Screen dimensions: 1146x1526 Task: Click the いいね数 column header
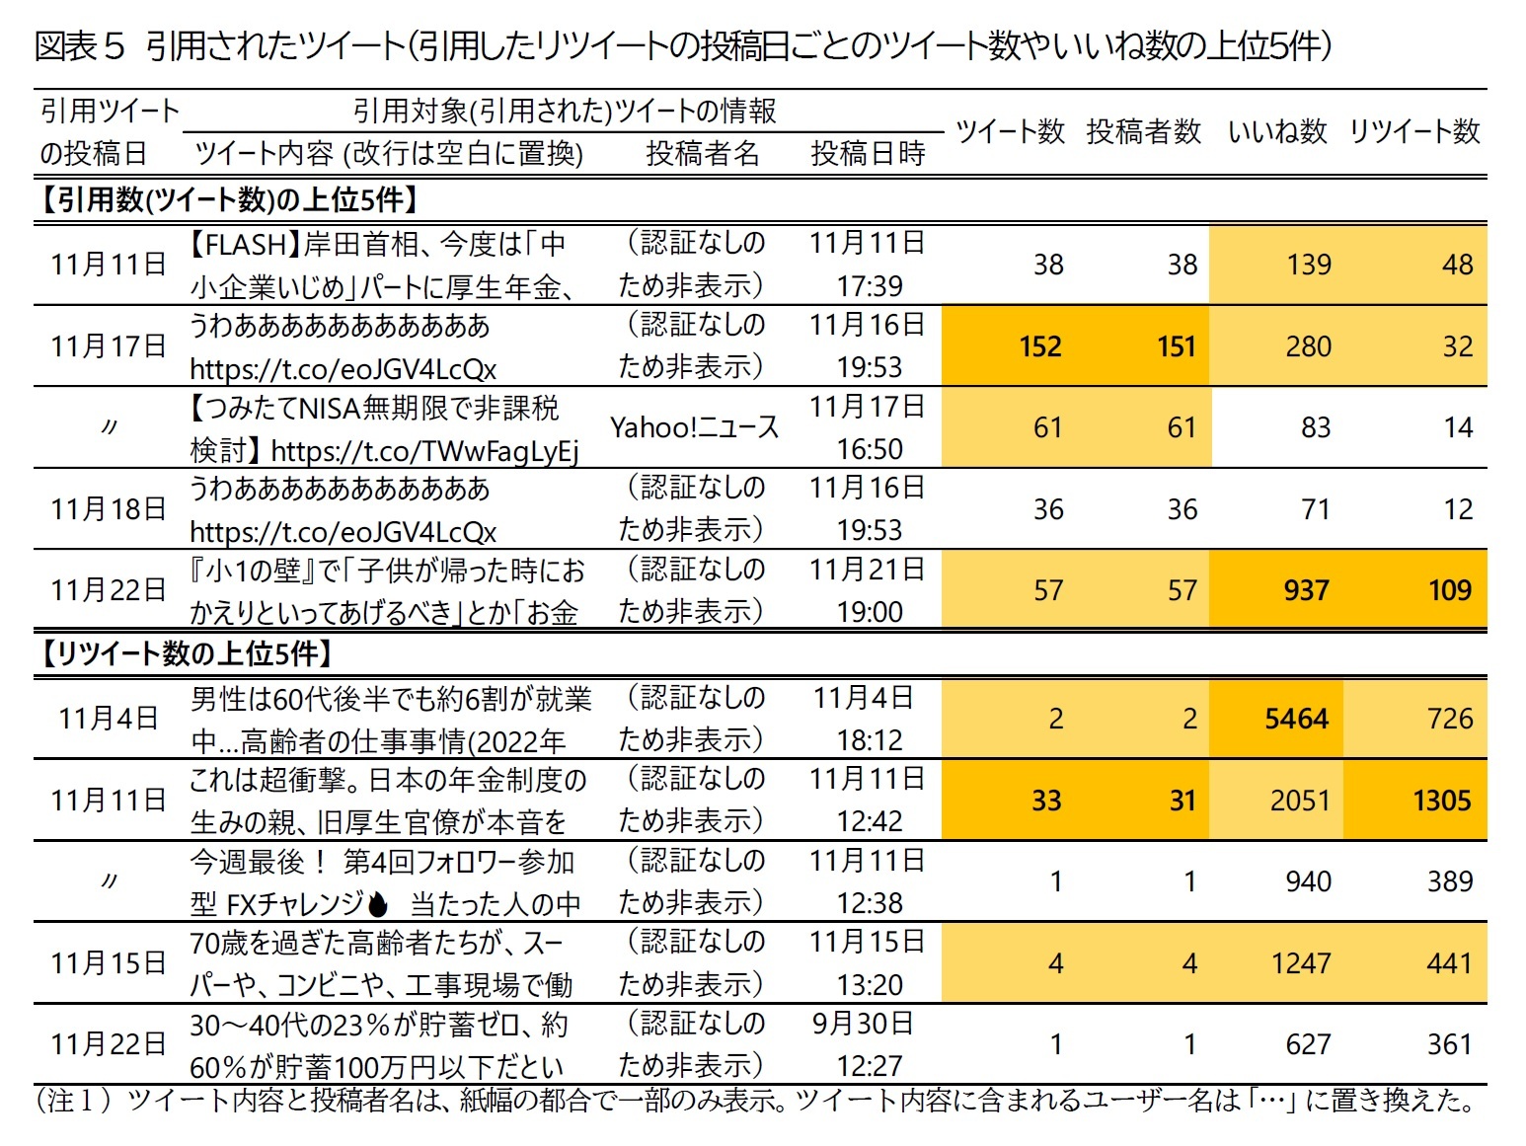click(x=1277, y=131)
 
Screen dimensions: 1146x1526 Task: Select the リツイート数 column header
click(x=1413, y=131)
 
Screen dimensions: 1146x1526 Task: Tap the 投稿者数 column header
click(x=1143, y=131)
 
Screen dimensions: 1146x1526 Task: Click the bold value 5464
click(x=1296, y=719)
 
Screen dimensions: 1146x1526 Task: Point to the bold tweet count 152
click(x=1040, y=346)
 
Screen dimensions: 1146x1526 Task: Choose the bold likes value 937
click(x=1306, y=590)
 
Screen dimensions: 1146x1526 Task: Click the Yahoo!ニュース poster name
click(x=694, y=427)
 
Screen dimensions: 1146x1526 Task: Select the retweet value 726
click(x=1449, y=719)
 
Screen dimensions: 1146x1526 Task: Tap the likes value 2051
click(x=1300, y=801)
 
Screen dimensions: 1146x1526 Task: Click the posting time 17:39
click(x=869, y=286)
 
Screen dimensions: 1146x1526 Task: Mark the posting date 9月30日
click(x=863, y=1024)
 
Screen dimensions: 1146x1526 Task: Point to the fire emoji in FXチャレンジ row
click(x=377, y=904)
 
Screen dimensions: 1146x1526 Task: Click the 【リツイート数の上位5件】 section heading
click(x=186, y=653)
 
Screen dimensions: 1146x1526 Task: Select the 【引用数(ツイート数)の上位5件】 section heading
click(x=229, y=200)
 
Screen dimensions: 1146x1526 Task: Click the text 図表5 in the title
click(x=79, y=46)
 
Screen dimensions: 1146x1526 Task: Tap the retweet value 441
click(x=1449, y=963)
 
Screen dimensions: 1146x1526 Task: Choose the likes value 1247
click(x=1300, y=963)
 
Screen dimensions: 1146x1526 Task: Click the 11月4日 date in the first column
click(x=108, y=719)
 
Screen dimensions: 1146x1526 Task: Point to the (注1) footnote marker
click(x=73, y=1101)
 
